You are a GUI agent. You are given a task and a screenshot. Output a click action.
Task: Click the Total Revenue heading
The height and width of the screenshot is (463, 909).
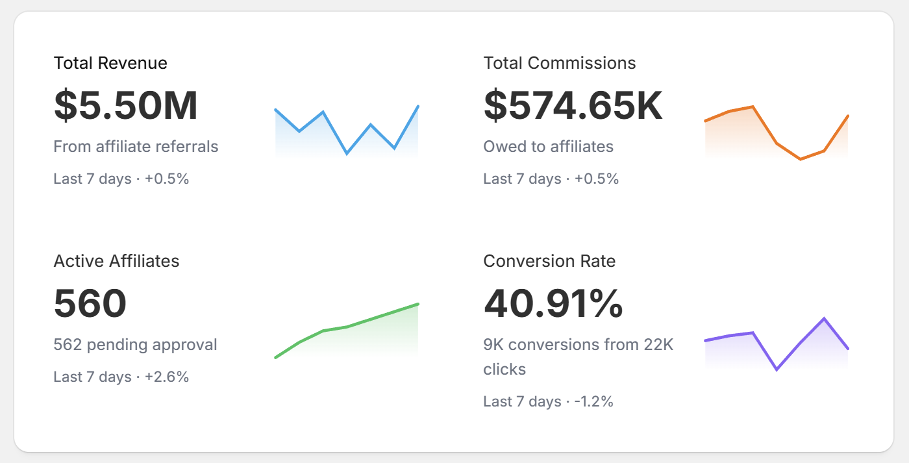tap(110, 63)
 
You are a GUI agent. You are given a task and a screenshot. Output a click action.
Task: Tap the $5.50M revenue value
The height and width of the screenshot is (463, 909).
tap(125, 105)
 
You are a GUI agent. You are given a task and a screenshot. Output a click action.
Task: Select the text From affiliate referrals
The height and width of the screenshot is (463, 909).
tap(136, 147)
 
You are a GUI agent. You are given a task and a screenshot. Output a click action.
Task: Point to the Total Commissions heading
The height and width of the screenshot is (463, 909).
tap(559, 63)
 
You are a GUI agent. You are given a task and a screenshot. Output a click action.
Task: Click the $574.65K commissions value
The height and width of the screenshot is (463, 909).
tap(573, 105)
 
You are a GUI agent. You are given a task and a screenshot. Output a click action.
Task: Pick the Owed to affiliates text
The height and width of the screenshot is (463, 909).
tap(548, 147)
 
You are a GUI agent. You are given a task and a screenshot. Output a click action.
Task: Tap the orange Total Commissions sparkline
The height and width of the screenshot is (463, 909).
tap(777, 133)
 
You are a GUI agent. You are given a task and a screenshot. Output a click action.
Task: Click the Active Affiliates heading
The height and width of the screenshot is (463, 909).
tap(116, 261)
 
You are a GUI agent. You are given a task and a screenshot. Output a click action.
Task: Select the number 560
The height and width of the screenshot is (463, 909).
tap(90, 303)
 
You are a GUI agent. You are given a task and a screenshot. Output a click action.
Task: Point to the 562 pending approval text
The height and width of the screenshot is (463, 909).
tap(135, 345)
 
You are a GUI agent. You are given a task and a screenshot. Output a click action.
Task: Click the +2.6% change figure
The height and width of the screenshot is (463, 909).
tap(167, 377)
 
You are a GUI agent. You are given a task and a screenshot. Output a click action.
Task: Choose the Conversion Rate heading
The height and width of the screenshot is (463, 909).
tap(549, 261)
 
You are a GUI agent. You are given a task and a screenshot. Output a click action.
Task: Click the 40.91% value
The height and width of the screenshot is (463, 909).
tap(553, 303)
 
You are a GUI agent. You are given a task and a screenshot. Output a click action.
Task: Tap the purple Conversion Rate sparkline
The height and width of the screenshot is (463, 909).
tap(777, 344)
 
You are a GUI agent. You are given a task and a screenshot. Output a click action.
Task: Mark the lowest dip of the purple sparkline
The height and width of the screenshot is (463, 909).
tap(777, 369)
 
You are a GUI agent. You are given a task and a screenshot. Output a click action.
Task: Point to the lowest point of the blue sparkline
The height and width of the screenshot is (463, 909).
tap(347, 154)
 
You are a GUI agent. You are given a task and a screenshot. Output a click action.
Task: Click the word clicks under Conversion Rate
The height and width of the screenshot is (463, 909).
tap(504, 369)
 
